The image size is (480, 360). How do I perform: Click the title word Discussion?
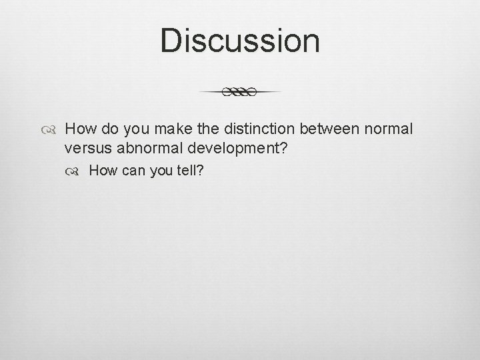coord(240,41)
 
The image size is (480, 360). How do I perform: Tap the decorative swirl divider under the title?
coord(240,92)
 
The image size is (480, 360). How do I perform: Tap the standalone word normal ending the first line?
coord(390,127)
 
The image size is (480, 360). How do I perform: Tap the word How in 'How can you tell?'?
coord(101,171)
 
